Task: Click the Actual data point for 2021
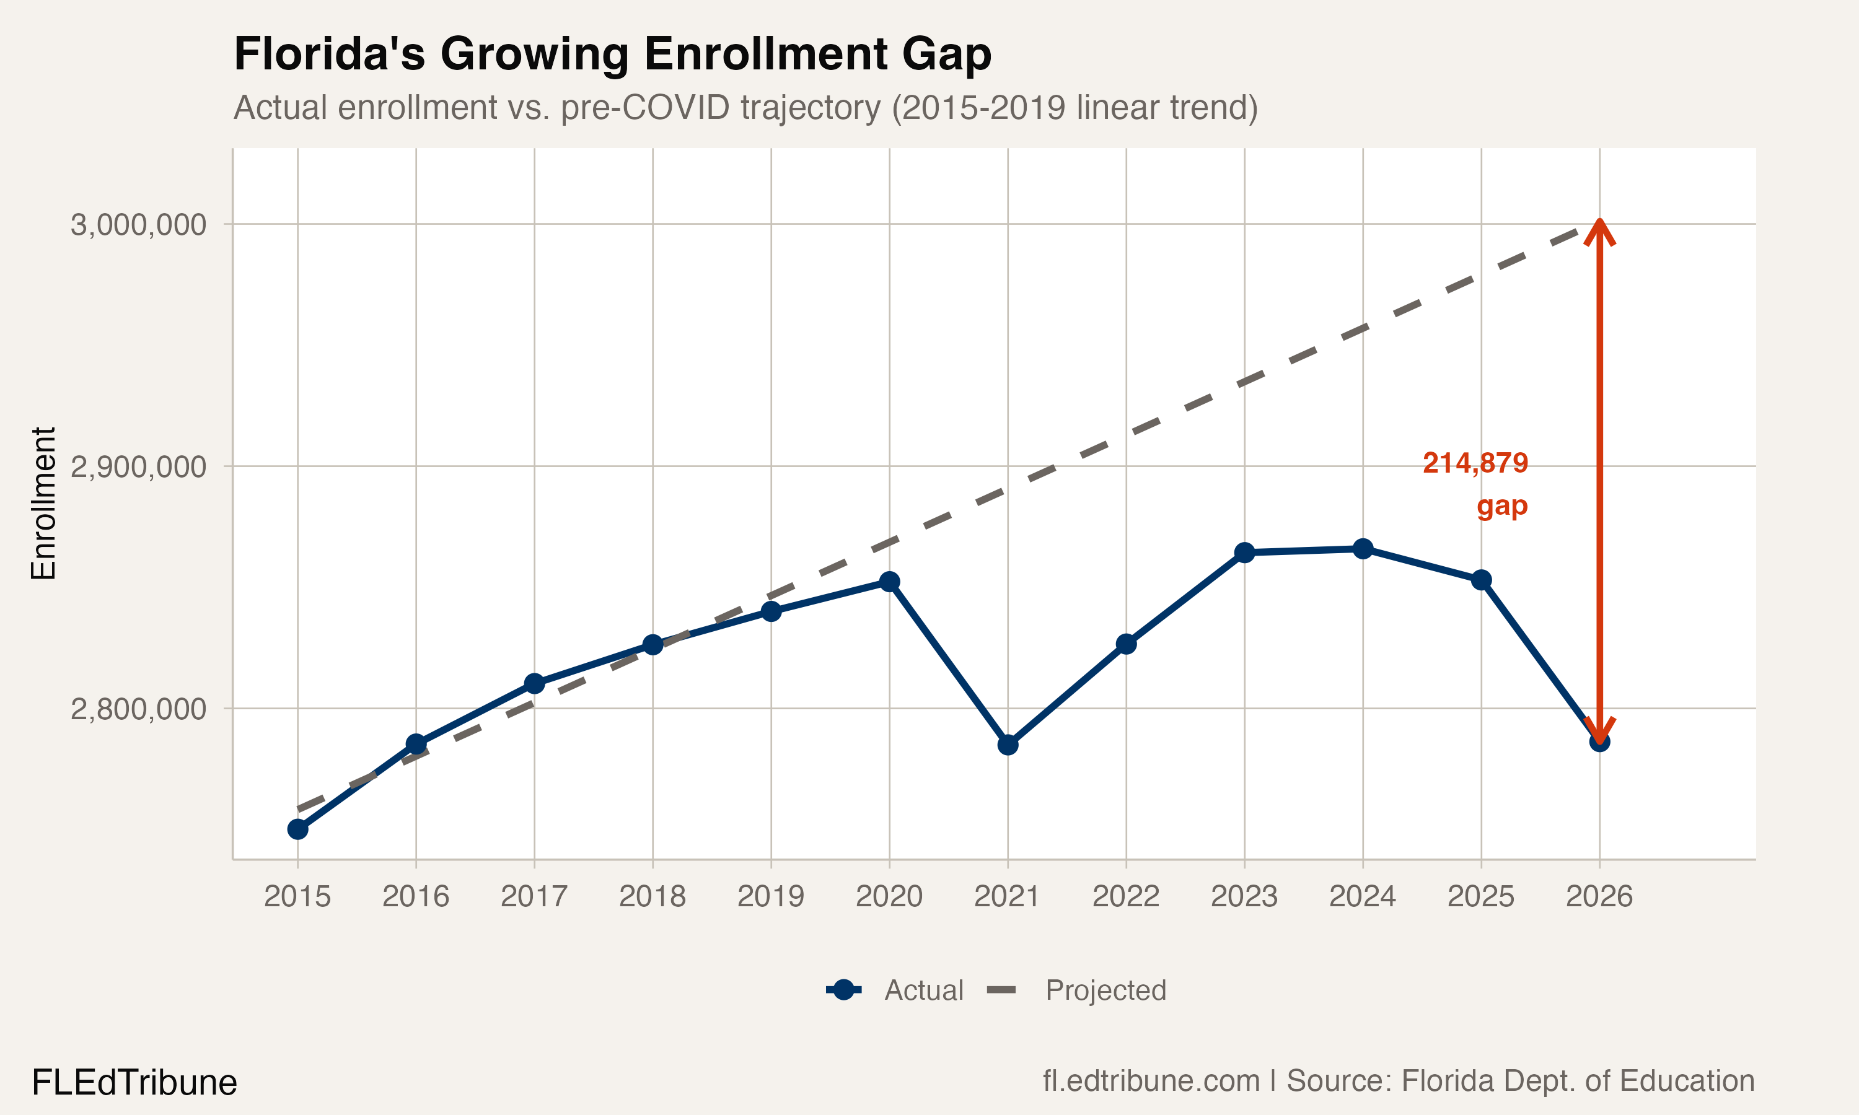coord(1008,745)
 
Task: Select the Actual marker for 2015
coord(297,829)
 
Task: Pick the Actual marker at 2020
coord(890,582)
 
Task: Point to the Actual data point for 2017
coord(534,683)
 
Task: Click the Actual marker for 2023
coord(1244,553)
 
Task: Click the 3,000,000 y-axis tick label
coord(138,225)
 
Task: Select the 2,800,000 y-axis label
coord(138,709)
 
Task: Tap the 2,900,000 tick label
coord(138,466)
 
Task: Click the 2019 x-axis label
coord(771,896)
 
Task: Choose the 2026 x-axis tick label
coord(1599,896)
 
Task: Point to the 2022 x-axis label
coord(1125,896)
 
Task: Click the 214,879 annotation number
coord(1475,463)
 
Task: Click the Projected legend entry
coord(1105,990)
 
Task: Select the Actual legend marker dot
coord(844,990)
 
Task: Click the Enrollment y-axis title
coord(43,504)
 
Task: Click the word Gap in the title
coord(946,54)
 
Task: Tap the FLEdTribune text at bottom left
coord(134,1083)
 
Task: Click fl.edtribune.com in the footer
coord(1151,1080)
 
